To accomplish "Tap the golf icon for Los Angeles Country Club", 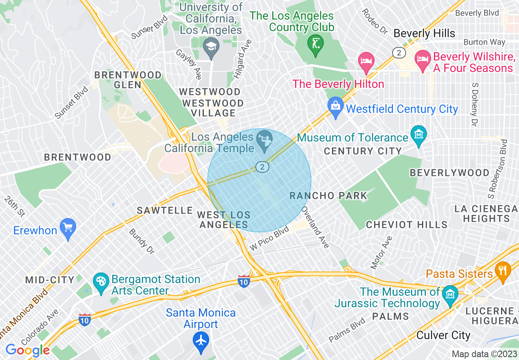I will pyautogui.click(x=316, y=43).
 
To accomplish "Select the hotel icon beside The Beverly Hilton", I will pyautogui.click(x=366, y=61).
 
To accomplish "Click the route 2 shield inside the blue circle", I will pyautogui.click(x=262, y=166).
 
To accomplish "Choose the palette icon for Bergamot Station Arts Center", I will pyautogui.click(x=101, y=281).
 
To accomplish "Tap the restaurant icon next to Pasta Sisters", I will pyautogui.click(x=502, y=270).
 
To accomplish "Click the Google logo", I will pyautogui.click(x=27, y=350).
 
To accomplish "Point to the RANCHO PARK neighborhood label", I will pyautogui.click(x=328, y=196).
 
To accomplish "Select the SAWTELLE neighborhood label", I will pyautogui.click(x=165, y=210).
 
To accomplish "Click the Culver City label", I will pyautogui.click(x=443, y=335).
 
